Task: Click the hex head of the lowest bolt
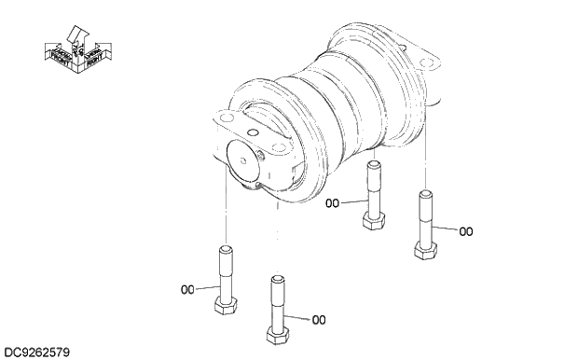(x=275, y=333)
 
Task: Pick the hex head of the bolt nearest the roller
(x=373, y=221)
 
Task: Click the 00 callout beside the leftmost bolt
(x=186, y=289)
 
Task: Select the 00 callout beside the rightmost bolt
(x=466, y=230)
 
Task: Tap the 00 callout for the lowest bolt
(x=319, y=320)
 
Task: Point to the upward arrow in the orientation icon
(x=77, y=36)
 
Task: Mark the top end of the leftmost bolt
(x=224, y=249)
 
